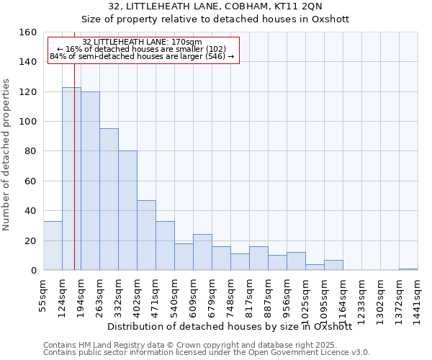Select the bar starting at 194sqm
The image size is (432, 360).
[90, 181]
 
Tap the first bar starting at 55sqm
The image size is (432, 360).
[53, 246]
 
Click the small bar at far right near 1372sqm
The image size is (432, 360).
[408, 269]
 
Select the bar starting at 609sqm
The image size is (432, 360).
[202, 252]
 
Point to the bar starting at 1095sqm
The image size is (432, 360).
[333, 265]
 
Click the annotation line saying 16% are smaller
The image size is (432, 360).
[142, 49]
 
